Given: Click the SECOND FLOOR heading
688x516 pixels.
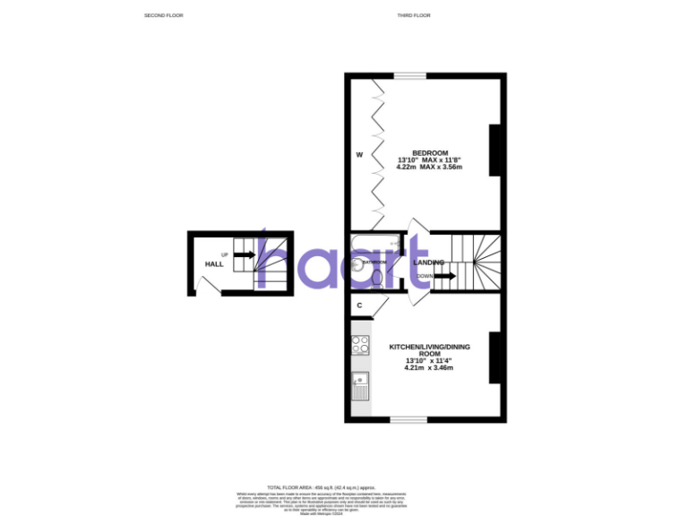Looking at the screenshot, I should (163, 16).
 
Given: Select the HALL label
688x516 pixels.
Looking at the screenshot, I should (214, 264).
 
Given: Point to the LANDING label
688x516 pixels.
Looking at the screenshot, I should (430, 262).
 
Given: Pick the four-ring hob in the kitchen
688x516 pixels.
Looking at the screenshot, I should (361, 345).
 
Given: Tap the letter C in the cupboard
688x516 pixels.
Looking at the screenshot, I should (359, 305).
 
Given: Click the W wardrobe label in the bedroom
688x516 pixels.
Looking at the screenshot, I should (359, 155).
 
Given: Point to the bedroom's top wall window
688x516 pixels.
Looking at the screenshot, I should (411, 76).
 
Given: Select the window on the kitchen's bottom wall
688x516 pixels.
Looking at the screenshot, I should (408, 419).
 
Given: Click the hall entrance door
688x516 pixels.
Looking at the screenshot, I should (207, 286).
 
